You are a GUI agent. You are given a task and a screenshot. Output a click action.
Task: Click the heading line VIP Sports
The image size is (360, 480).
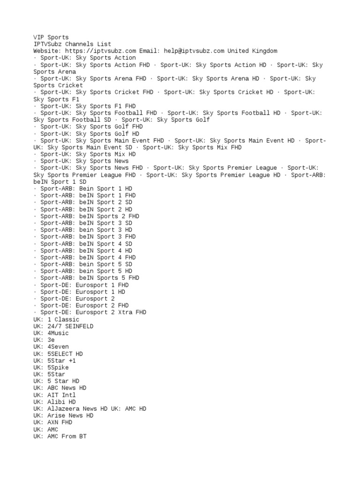coord(51,37)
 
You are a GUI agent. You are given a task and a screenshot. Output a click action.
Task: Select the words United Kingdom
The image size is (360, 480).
coord(253,51)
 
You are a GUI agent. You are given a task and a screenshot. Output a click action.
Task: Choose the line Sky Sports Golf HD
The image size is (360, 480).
coord(90,134)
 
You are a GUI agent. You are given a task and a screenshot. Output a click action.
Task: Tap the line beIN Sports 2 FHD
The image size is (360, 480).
coord(90,216)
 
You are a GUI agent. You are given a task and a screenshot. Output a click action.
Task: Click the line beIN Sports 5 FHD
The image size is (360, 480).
coord(90,278)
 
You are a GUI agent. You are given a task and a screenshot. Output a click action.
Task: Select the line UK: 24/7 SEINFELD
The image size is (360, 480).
coord(63,326)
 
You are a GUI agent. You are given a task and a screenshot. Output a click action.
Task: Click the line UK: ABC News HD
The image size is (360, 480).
coord(60,388)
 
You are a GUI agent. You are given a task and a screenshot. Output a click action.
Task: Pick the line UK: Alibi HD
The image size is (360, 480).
coord(54,402)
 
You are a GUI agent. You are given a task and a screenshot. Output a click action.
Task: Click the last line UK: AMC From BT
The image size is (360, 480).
coord(60,436)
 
